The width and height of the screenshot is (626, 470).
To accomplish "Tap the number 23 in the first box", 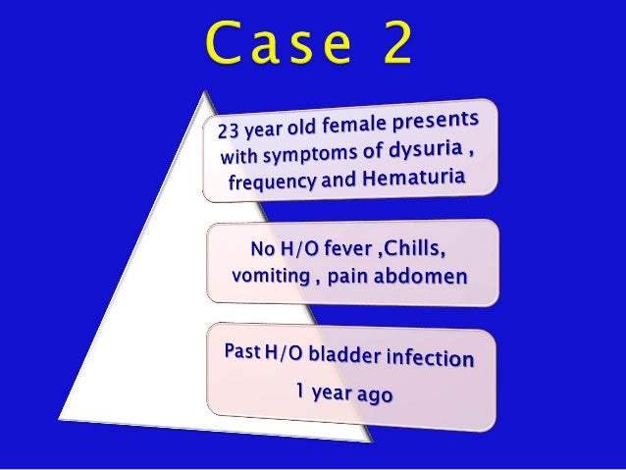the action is pos(228,131).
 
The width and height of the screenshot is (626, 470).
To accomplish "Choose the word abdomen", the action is pos(421,275).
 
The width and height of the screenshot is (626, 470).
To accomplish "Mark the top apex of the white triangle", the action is pos(208,92).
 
